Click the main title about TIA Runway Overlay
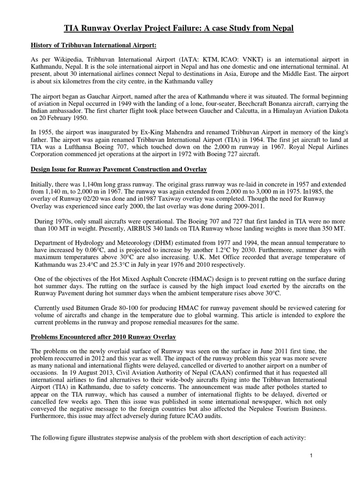(179, 29)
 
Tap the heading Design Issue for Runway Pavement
(119, 169)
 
